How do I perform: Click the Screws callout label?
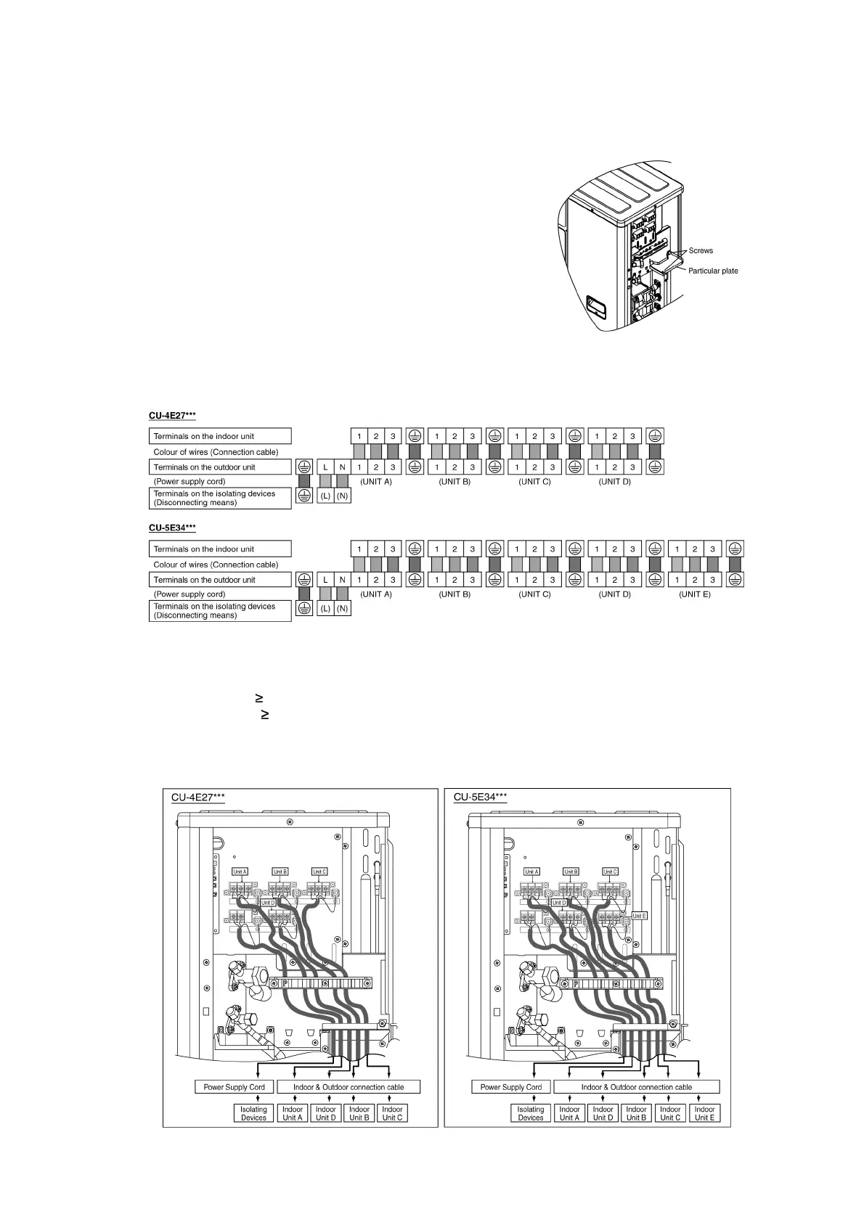coord(701,251)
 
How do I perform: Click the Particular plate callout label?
coord(713,271)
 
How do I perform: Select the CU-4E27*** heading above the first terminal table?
coord(172,416)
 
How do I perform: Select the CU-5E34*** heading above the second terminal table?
coord(172,528)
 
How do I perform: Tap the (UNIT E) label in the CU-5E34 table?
coord(695,594)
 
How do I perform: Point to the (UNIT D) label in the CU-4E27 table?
coord(614,482)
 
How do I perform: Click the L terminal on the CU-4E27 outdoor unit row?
coord(325,467)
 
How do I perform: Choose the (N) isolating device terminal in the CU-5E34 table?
coord(342,609)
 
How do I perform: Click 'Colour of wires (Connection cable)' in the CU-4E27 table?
coord(216,452)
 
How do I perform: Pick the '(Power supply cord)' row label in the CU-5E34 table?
coord(189,594)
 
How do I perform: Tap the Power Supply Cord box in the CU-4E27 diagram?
coord(234,1087)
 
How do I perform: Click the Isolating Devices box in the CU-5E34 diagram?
coord(531,1113)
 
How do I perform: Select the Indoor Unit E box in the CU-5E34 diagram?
coord(704,1113)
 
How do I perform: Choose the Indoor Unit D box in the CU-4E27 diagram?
coord(326,1113)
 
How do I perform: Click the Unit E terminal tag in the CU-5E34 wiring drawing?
coord(639,916)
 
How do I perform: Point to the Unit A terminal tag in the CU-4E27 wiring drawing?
coord(240,872)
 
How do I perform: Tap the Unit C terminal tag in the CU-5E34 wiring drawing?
coord(611,872)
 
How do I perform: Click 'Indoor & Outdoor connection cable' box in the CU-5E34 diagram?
coord(636,1087)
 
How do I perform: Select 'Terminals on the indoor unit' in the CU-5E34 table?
coord(204,549)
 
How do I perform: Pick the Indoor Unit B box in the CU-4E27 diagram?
coord(359,1113)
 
